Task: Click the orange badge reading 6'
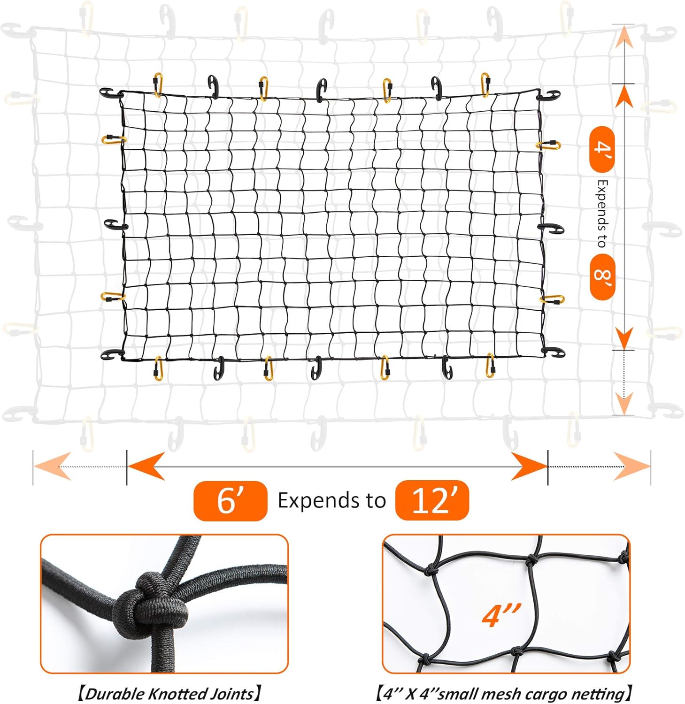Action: (230, 501)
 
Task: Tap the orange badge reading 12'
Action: (432, 500)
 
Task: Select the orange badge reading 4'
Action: (602, 149)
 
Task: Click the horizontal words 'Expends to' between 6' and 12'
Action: (331, 500)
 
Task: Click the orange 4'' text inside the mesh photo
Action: (501, 616)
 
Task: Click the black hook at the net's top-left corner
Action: (110, 93)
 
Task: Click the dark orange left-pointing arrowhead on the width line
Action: (146, 467)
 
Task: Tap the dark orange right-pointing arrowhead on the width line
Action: (530, 467)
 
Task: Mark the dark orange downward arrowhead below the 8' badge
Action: (624, 337)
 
